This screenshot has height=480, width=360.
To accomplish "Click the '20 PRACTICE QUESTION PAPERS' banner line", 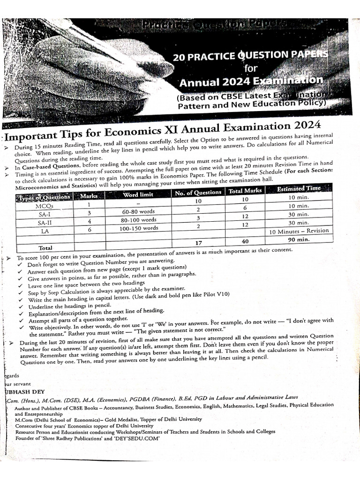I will [250, 57].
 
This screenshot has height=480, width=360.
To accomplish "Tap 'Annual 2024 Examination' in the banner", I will [251, 81].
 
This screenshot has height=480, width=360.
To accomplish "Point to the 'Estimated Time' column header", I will [299, 188].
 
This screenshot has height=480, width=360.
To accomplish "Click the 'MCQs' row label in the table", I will [45, 206].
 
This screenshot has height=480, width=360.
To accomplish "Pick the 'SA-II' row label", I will [45, 223].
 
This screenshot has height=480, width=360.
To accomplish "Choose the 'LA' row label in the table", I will [45, 231].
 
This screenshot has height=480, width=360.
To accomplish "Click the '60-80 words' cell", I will [138, 211].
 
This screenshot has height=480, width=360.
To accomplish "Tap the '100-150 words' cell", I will [138, 228].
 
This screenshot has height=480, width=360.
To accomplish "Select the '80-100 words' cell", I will [138, 219].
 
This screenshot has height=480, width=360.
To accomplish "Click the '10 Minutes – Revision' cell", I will [299, 231].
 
